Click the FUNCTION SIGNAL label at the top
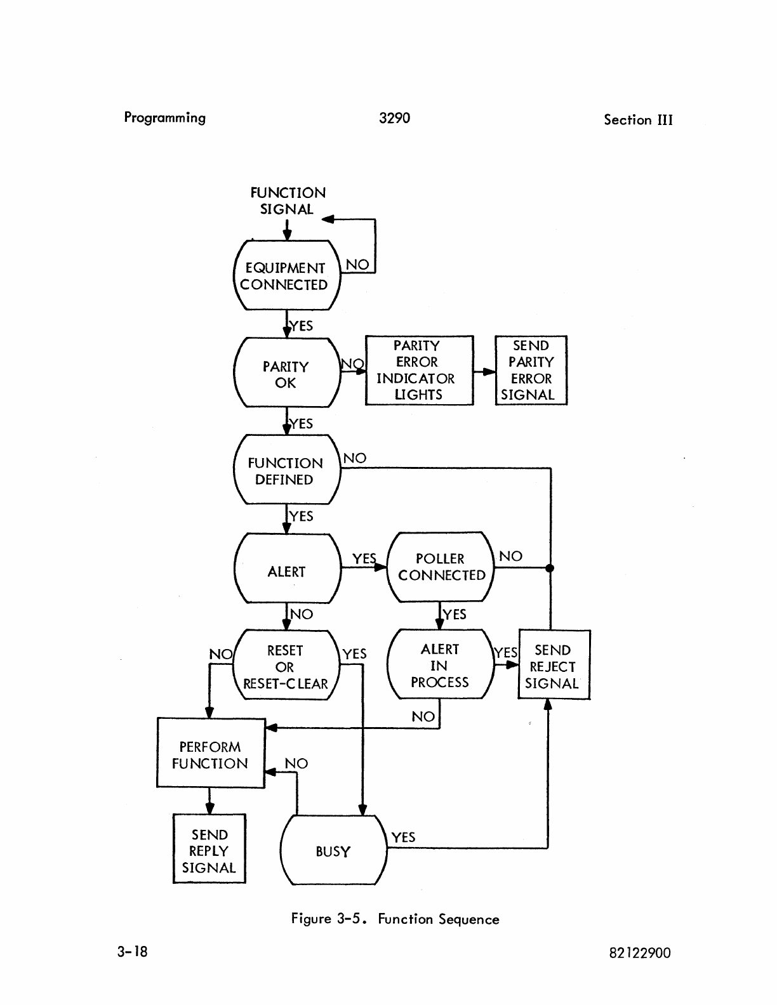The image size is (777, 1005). point(288,200)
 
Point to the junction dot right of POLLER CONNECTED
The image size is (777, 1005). point(550,568)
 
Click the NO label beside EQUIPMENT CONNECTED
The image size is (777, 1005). point(357,265)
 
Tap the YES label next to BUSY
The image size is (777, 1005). point(403,837)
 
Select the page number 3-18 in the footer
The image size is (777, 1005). point(132,951)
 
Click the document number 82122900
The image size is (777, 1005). point(639,953)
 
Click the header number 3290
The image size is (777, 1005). point(394,118)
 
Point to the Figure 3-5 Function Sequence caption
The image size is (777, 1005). point(395,919)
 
